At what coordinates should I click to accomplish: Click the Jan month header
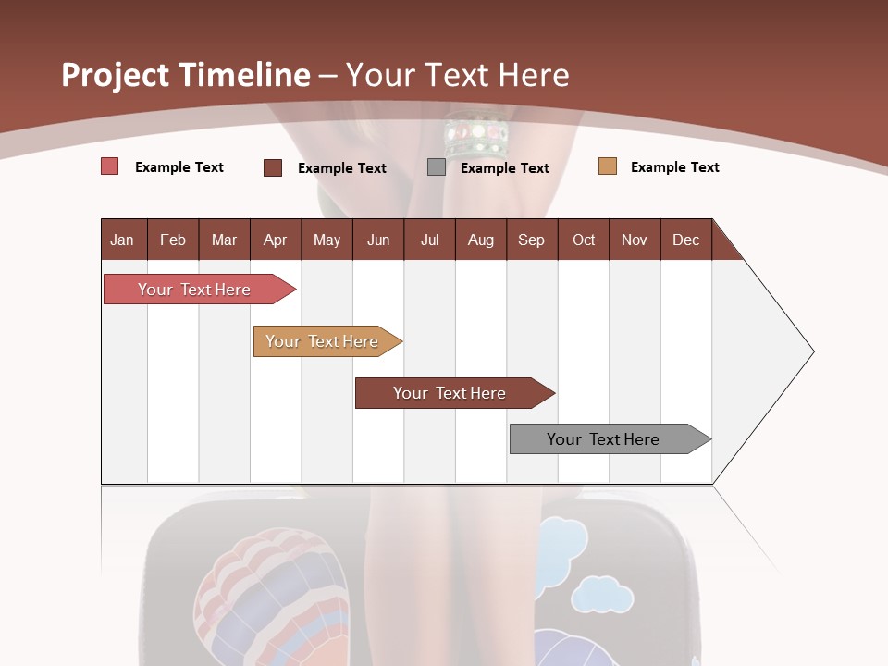tap(122, 240)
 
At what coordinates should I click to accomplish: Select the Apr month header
tap(275, 240)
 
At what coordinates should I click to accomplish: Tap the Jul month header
tap(429, 240)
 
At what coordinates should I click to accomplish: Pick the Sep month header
tap(531, 240)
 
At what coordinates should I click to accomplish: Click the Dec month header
tap(685, 240)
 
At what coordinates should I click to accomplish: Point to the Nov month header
tap(634, 240)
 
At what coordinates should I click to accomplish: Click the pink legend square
tap(110, 166)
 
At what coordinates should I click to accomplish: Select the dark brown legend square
tap(273, 167)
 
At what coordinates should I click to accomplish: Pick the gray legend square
tap(437, 167)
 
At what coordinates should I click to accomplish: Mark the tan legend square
tap(608, 166)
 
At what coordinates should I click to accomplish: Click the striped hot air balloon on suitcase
tap(273, 592)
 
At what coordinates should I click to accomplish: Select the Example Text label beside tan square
tap(674, 167)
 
